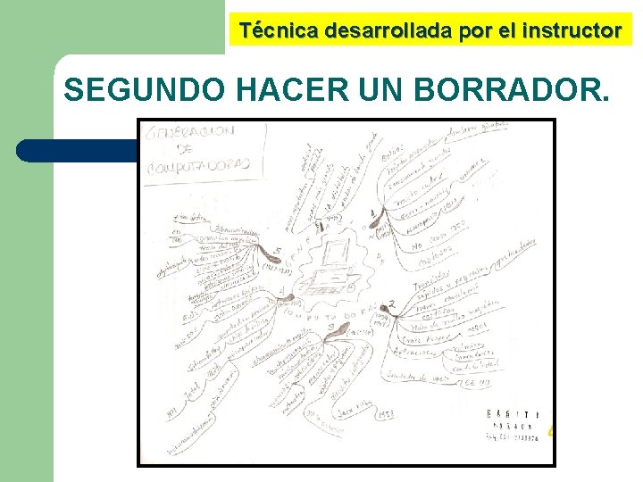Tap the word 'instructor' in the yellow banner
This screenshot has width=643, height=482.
tap(572, 30)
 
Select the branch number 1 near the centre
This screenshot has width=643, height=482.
tap(372, 213)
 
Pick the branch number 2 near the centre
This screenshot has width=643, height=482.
tap(392, 303)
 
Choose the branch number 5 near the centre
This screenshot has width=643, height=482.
tap(280, 251)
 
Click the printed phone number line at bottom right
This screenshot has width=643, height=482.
tap(514, 437)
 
